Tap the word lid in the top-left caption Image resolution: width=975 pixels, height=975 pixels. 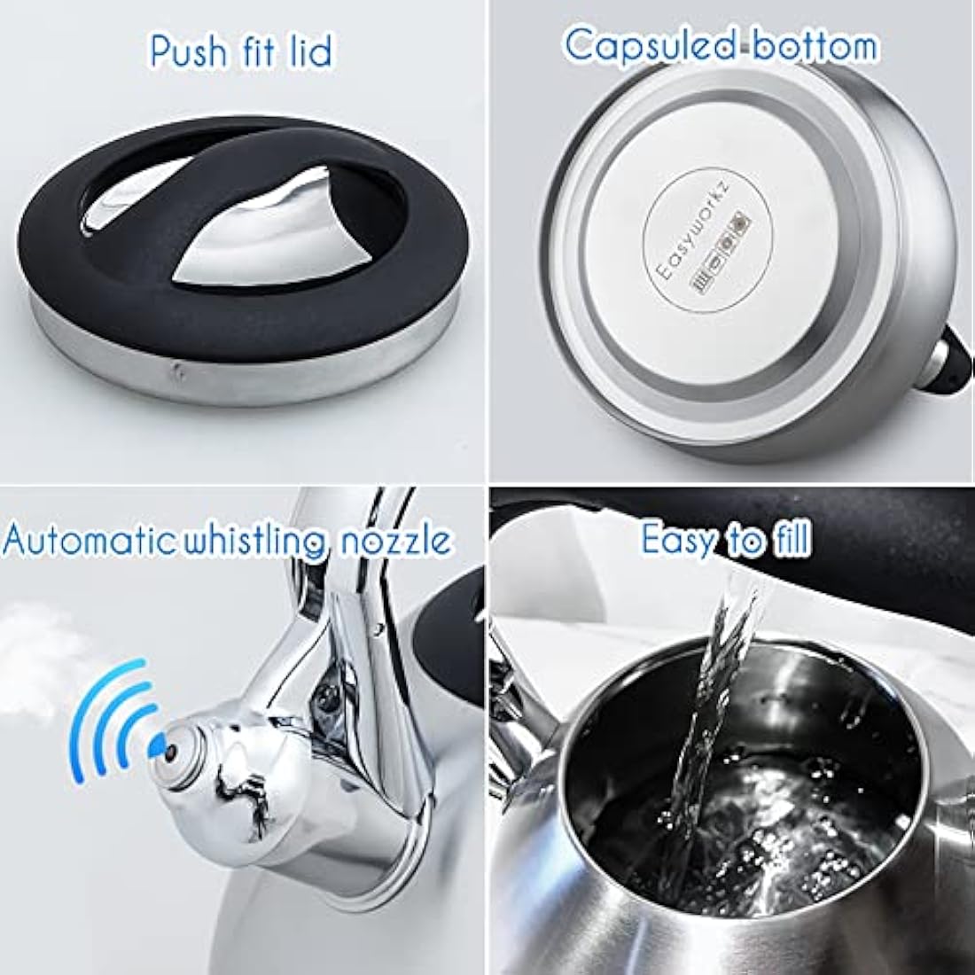[309, 51]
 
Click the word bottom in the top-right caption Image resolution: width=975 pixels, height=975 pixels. [815, 44]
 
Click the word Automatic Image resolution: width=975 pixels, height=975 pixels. [89, 539]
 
